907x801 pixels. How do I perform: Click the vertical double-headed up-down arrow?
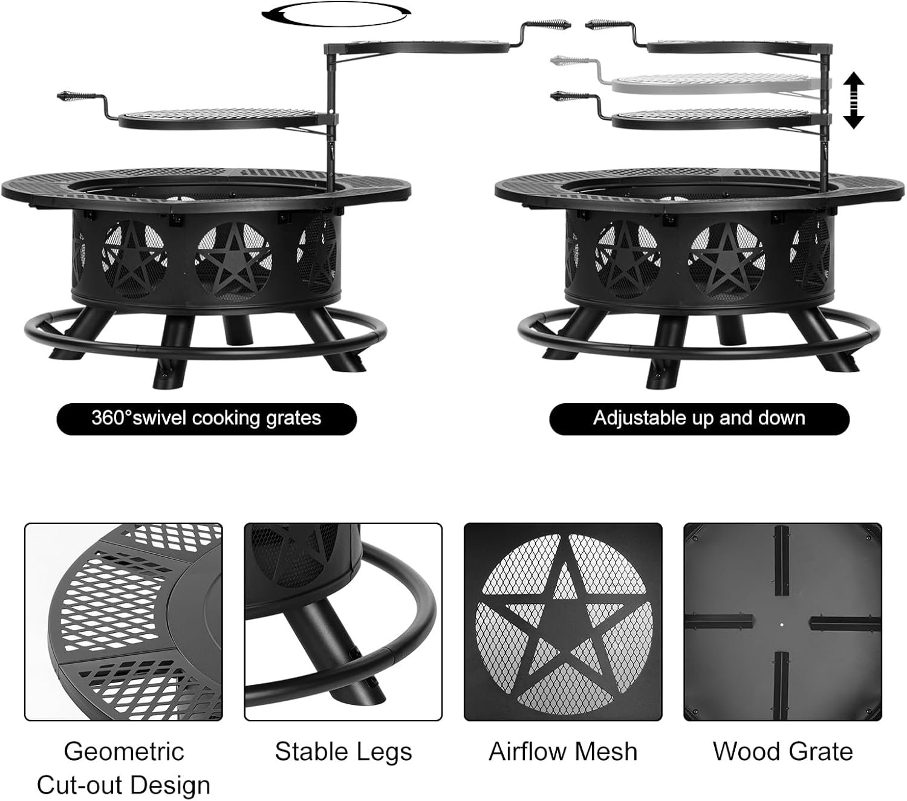click(x=853, y=100)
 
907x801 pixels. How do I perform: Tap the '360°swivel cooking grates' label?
click(x=206, y=418)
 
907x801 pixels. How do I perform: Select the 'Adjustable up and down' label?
click(x=699, y=418)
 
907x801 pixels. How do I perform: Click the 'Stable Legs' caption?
click(x=343, y=751)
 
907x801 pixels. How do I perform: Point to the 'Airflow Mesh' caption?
click(x=563, y=751)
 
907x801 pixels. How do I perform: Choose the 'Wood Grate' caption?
click(x=782, y=751)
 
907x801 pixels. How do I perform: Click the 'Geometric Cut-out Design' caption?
click(x=123, y=768)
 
